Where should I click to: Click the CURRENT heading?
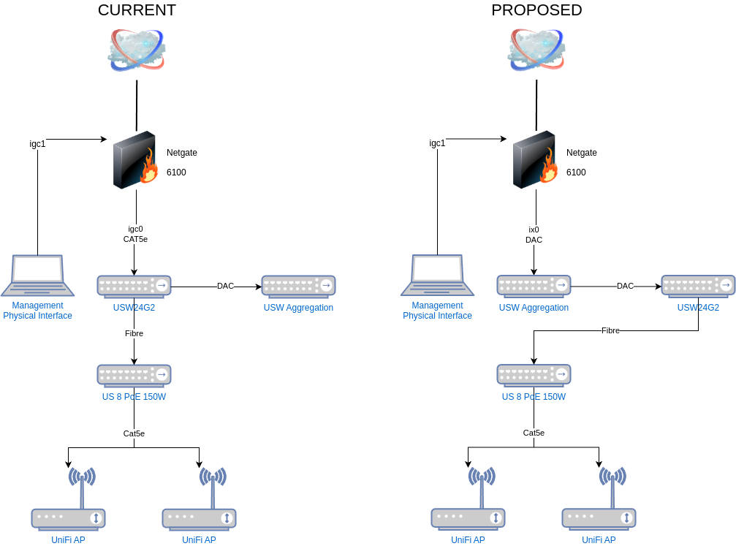(137, 10)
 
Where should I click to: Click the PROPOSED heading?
(536, 10)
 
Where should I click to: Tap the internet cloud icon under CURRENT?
(137, 50)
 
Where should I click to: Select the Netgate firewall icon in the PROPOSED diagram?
(535, 159)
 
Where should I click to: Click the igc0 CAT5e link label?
(135, 234)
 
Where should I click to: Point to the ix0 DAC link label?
(534, 235)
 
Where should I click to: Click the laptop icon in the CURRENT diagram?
(37, 276)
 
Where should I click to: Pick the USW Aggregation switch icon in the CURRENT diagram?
(298, 287)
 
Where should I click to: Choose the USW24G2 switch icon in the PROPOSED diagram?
(698, 286)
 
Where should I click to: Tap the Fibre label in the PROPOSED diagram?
(610, 330)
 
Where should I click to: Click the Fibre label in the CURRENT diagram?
(134, 333)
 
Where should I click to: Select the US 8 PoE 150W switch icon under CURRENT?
(134, 376)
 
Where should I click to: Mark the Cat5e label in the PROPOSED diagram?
(534, 433)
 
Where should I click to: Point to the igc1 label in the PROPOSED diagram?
(437, 143)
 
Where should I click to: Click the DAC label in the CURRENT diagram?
(225, 286)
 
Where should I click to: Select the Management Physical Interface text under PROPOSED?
(438, 311)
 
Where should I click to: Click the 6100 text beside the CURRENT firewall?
(176, 172)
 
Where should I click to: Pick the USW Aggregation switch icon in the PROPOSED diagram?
(534, 286)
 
